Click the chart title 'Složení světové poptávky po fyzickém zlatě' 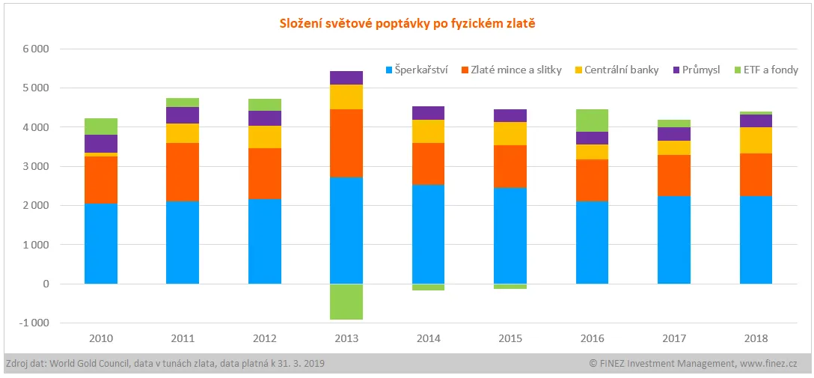click(x=407, y=23)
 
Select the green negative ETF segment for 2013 click(x=346, y=302)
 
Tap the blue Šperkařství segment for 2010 click(x=101, y=243)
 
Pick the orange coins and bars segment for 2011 click(x=183, y=172)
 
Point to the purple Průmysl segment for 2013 click(x=346, y=78)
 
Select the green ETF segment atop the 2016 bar click(x=592, y=121)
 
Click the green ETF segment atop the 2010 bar click(x=101, y=126)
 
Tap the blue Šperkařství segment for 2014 click(x=428, y=234)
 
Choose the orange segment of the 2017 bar click(x=673, y=175)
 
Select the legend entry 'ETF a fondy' click(x=770, y=70)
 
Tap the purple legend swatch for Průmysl click(x=676, y=70)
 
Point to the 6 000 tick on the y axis click(x=34, y=49)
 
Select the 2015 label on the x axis click(x=509, y=338)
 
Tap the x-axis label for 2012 click(x=264, y=338)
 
